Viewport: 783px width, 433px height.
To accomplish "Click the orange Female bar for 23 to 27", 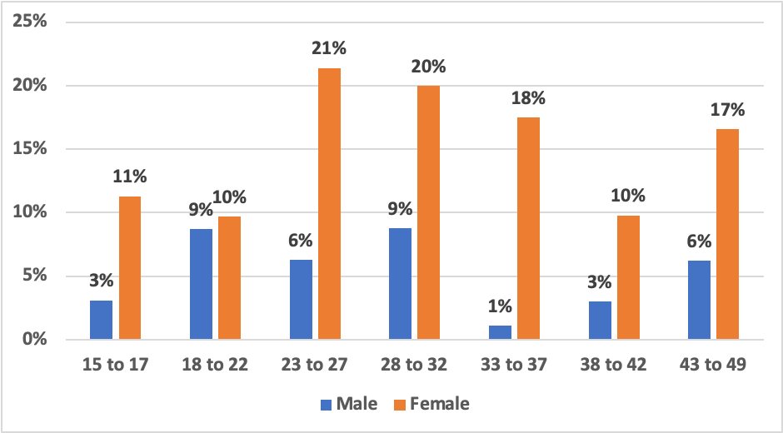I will (328, 204).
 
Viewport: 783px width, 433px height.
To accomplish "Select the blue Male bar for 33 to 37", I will (501, 332).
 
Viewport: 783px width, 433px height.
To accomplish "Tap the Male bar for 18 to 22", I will (201, 284).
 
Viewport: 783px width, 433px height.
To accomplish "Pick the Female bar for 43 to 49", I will (727, 234).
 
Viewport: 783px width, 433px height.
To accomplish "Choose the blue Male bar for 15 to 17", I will (101, 320).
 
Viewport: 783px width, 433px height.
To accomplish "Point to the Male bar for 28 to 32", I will (401, 284).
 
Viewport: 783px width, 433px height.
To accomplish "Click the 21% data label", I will (328, 48).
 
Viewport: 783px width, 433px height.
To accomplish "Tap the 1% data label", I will (501, 306).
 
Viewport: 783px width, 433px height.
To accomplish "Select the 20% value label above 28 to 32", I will (428, 66).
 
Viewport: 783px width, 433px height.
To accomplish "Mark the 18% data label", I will (528, 97).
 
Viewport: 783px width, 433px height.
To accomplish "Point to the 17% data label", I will (727, 109).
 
